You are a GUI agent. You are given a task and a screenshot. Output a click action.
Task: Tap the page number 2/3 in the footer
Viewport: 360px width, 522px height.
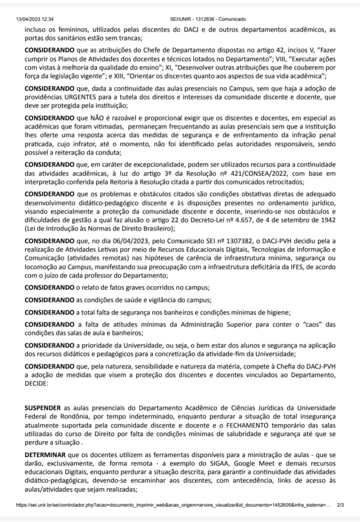(340, 505)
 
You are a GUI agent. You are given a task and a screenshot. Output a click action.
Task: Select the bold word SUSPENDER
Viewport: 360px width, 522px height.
(43, 408)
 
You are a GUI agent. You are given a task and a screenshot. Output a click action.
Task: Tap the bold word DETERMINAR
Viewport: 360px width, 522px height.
(47, 453)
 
